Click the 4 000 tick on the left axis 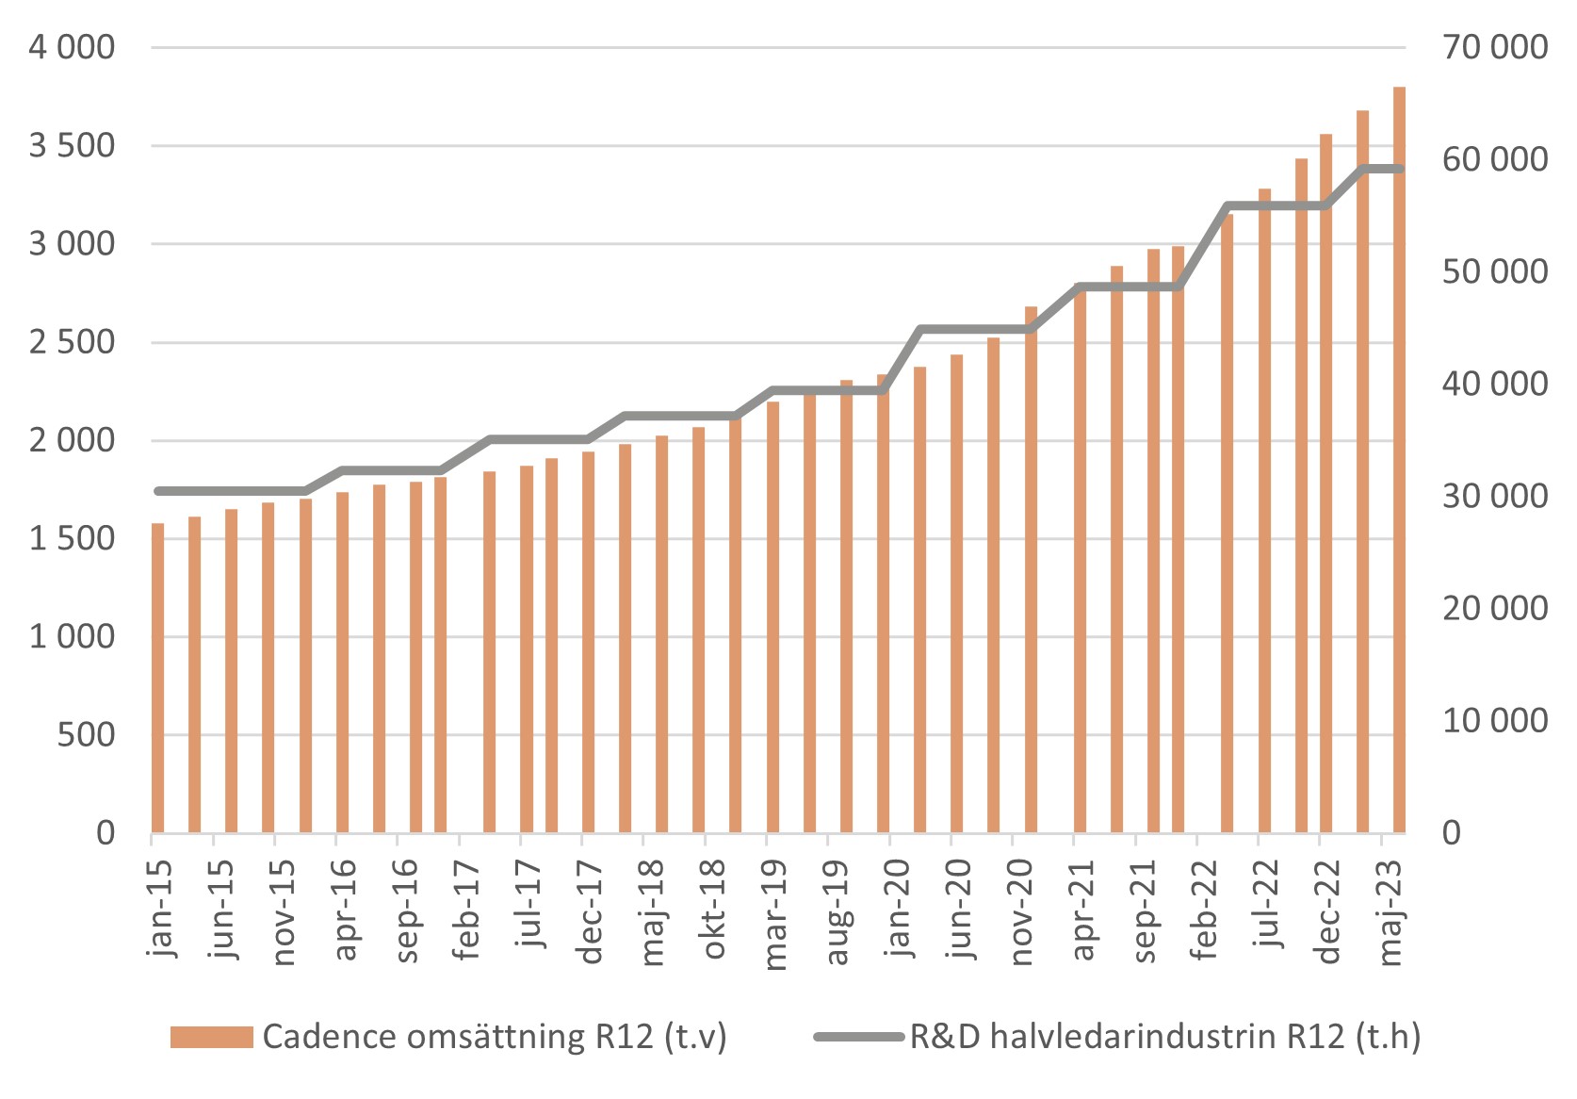tap(72, 47)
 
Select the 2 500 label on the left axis tap(72, 342)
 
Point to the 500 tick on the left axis tap(86, 734)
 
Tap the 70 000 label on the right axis tap(1494, 47)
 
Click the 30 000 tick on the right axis tap(1494, 496)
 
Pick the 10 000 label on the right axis tap(1494, 720)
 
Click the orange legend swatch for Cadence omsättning tap(211, 1037)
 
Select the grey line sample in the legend tap(858, 1037)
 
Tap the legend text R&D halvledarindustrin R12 tap(1164, 1037)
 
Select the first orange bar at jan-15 tap(157, 679)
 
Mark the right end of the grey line tap(1401, 169)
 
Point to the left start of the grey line tap(158, 491)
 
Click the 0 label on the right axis tap(1452, 833)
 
